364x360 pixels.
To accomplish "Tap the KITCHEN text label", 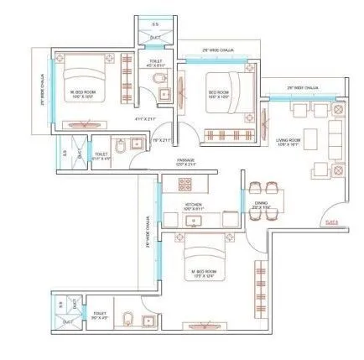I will pyautogui.click(x=196, y=203).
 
